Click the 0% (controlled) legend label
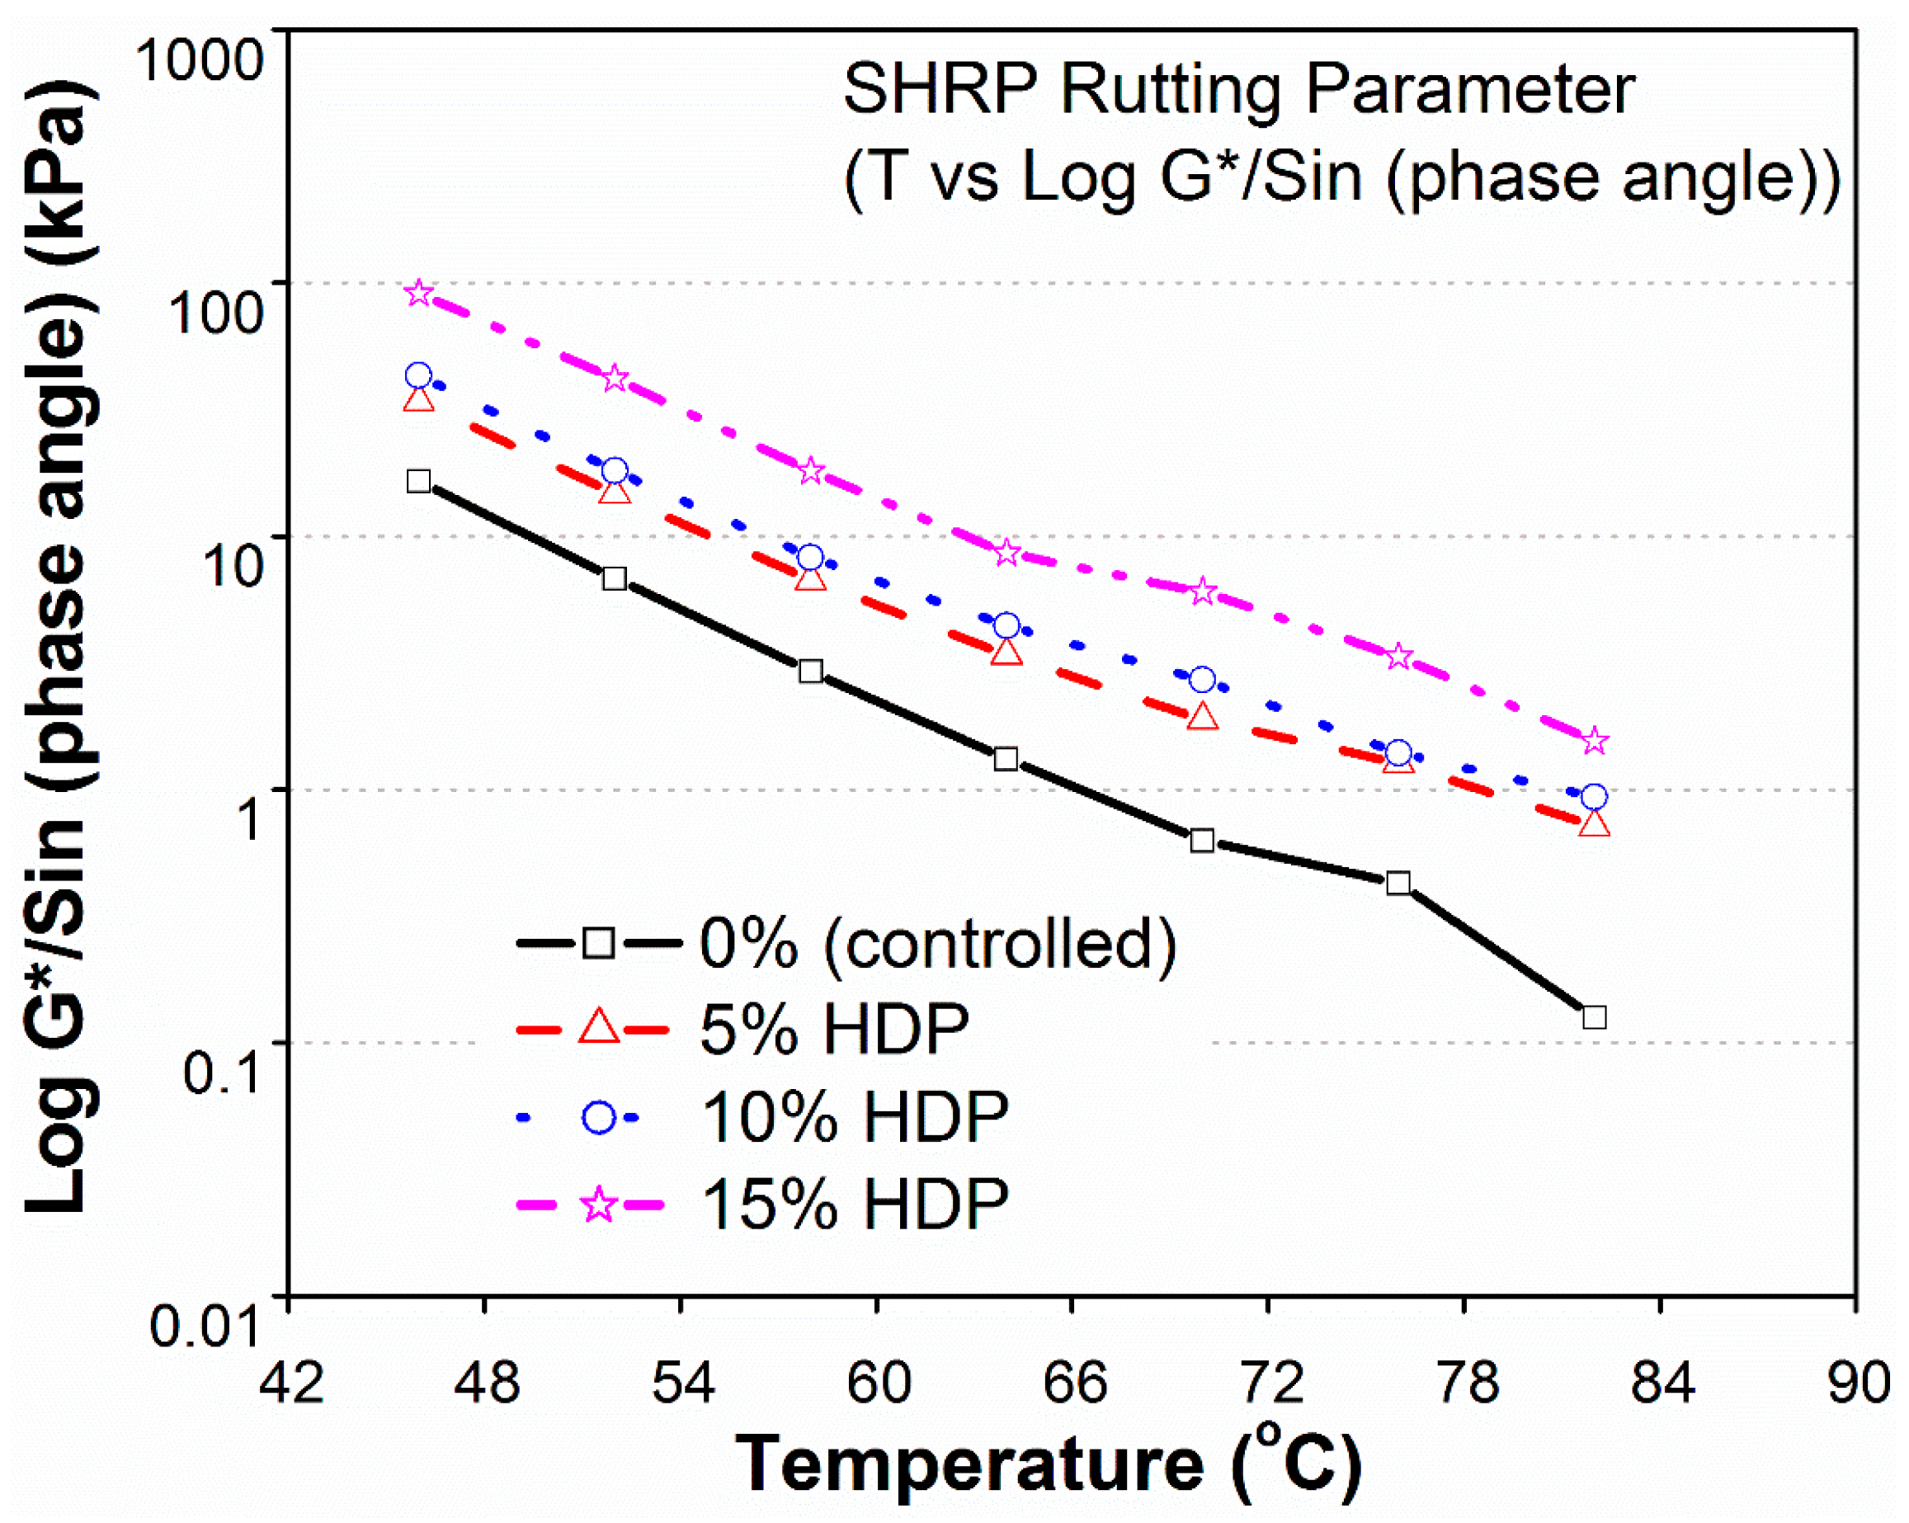click(938, 944)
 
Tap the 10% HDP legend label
click(855, 1115)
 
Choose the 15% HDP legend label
click(855, 1204)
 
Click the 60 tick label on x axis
click(879, 1382)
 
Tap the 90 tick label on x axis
click(1859, 1382)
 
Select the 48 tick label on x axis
click(486, 1382)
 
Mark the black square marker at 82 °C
click(1595, 1017)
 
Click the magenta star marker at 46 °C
click(419, 293)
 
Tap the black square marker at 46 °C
click(419, 482)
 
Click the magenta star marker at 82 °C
click(1595, 740)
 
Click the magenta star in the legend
click(600, 1205)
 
